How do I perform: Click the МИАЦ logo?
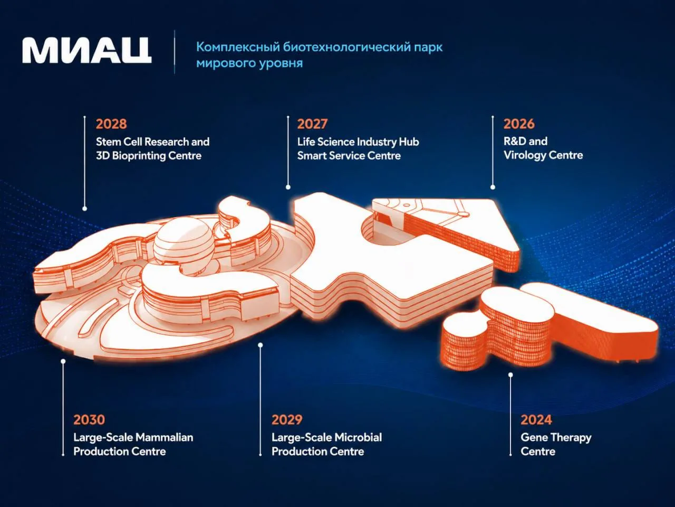coord(86,50)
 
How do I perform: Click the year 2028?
coord(111,124)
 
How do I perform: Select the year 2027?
coord(312,124)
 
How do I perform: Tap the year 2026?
coord(519,124)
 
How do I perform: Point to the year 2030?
coord(89,419)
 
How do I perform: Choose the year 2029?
coord(287,419)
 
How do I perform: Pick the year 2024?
coord(536,419)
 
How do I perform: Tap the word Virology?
coord(525,155)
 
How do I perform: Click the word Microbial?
coord(358,437)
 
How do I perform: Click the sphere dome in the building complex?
coord(184,245)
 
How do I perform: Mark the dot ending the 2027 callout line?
coord(288,187)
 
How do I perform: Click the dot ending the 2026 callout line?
coord(493,187)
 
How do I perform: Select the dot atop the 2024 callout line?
coord(510,374)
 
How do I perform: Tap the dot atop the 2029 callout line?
coord(260,345)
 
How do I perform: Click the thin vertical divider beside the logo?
coord(175,52)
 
